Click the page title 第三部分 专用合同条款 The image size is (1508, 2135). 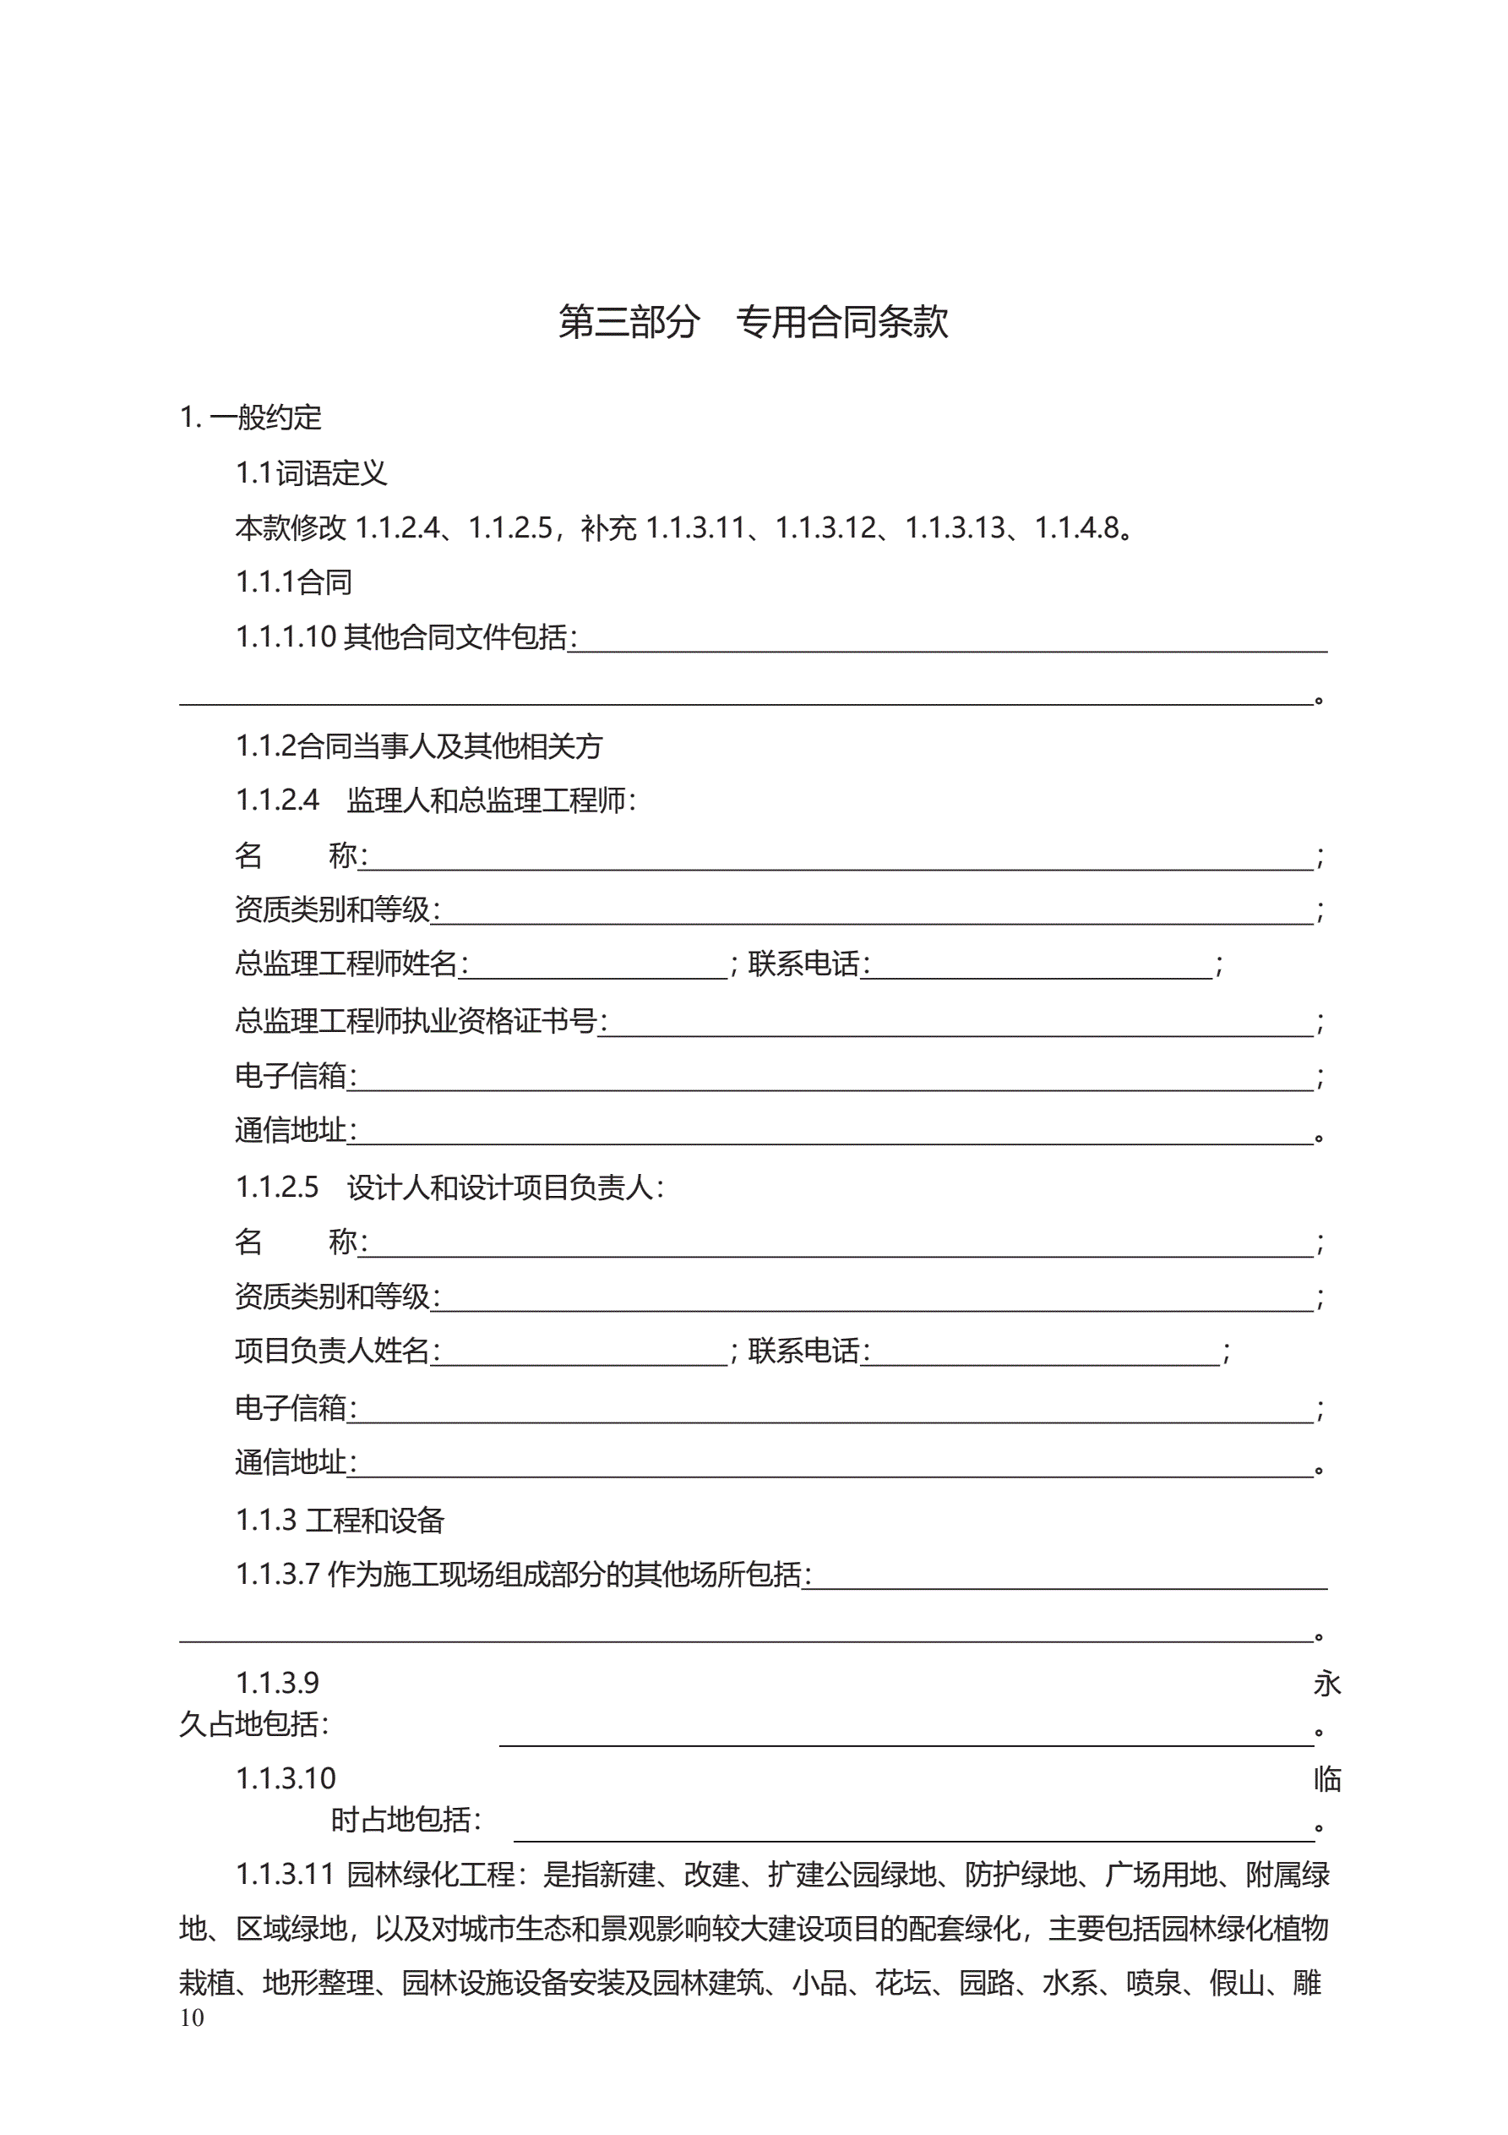752,322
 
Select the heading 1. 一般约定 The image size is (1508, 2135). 250,418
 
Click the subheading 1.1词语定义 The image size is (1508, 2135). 311,473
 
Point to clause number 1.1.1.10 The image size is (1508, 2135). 285,637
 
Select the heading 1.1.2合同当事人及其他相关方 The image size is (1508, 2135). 418,745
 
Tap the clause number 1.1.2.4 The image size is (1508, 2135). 277,800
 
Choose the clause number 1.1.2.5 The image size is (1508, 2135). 277,1188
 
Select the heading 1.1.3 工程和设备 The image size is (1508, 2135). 340,1521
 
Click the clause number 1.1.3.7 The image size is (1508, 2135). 277,1575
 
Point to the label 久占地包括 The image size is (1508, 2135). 253,1725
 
